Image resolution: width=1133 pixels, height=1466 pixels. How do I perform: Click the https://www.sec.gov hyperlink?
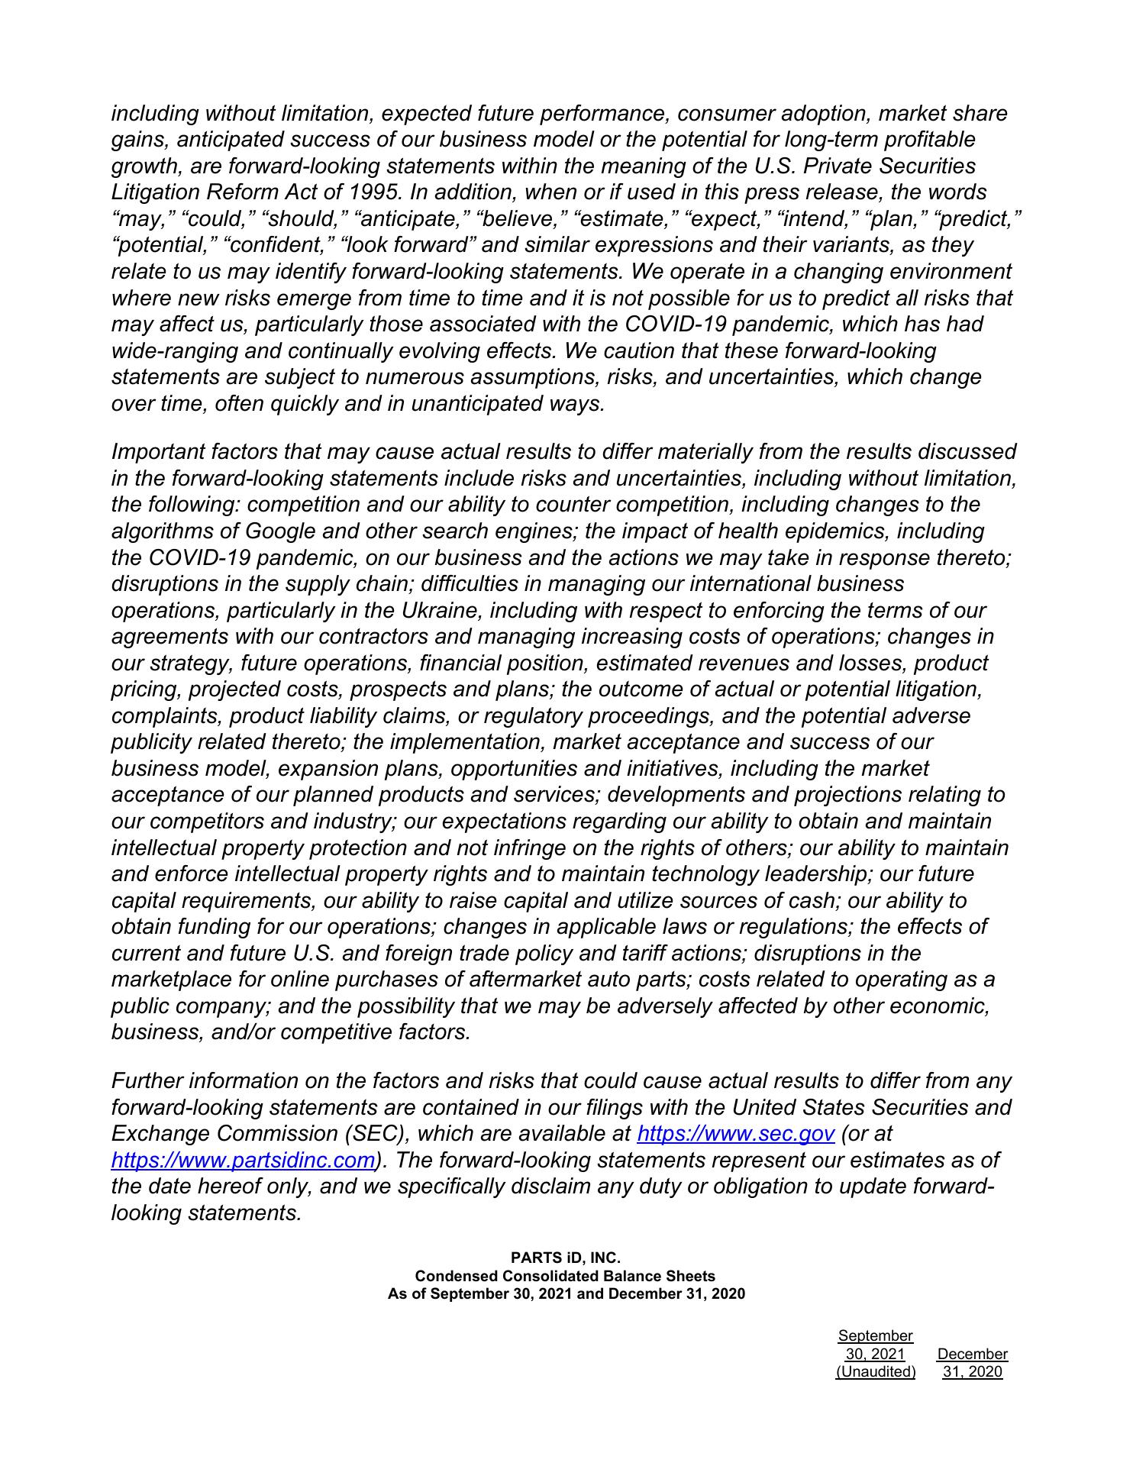(x=735, y=1134)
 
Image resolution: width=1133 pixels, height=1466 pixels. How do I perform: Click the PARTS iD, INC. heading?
(x=566, y=1257)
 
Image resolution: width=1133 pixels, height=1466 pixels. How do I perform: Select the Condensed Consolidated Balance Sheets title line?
(x=565, y=1275)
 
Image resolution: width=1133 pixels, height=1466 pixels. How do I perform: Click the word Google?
(x=284, y=531)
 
